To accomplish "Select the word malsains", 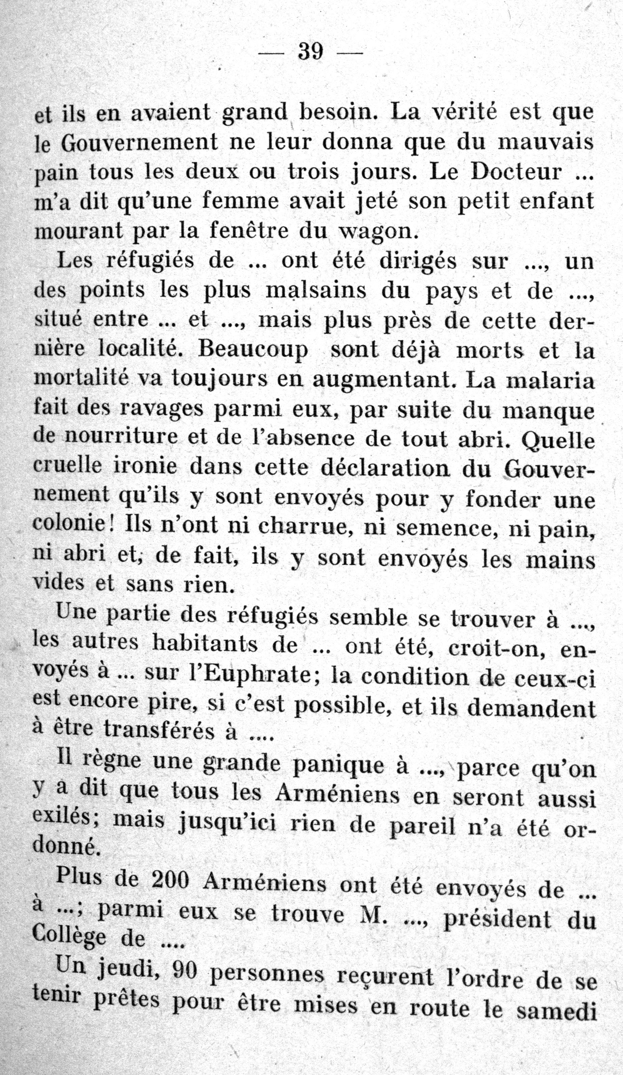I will tap(315, 291).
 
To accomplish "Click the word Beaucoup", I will tap(253, 350).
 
